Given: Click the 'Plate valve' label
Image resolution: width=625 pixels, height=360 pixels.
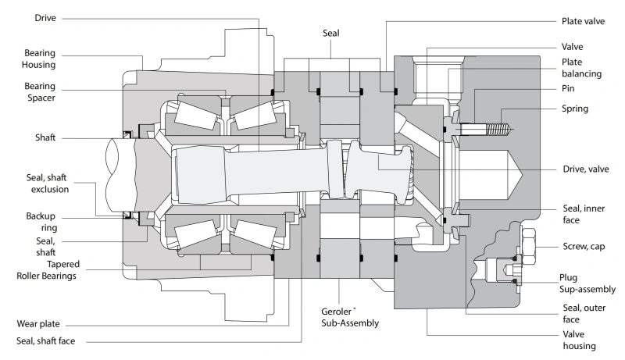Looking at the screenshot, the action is click(583, 21).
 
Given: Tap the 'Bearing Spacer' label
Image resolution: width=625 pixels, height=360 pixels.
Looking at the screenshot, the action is click(40, 92).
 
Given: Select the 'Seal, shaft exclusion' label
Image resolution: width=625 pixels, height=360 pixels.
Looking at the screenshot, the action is click(48, 184).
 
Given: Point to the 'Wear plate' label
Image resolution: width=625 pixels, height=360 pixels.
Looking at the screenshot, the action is click(38, 324).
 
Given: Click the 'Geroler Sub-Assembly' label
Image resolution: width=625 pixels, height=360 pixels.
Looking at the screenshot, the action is click(350, 317).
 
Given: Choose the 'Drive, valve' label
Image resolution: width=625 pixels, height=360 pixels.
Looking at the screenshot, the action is click(585, 169).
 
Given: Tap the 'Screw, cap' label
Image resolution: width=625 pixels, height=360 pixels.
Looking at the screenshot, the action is click(584, 247).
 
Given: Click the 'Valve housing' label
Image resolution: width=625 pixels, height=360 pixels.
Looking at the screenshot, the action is click(579, 340).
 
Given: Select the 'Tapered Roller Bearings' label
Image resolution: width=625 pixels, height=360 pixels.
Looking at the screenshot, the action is click(48, 270).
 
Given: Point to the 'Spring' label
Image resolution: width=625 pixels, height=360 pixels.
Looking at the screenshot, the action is click(575, 109).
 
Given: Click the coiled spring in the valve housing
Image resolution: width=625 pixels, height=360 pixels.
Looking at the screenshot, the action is click(499, 129).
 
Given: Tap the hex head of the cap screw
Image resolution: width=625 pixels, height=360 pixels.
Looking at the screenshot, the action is click(528, 246).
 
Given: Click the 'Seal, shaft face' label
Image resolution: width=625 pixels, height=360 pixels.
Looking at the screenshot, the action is click(45, 340).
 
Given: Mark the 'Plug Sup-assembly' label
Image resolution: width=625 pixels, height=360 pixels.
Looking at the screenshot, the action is click(587, 283).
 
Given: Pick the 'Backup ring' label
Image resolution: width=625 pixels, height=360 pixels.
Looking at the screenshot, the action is click(41, 222).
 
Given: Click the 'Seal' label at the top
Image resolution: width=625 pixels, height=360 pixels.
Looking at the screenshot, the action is click(330, 33).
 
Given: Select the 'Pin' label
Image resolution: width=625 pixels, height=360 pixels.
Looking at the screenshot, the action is click(568, 88).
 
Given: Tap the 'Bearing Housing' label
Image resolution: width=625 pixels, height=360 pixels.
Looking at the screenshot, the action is click(38, 59).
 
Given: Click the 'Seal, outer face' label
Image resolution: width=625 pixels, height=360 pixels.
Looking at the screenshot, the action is click(584, 313).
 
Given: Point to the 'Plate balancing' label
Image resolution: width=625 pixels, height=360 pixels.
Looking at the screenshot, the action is click(581, 68).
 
